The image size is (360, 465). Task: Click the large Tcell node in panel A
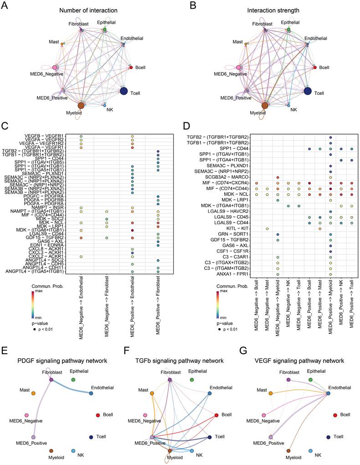coord(124,91)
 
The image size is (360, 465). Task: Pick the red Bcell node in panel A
coord(131,67)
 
